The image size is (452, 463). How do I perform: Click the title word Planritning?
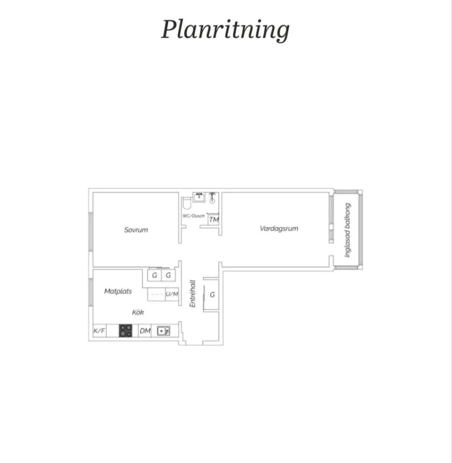(x=225, y=30)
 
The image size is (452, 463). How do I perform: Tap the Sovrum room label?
(x=136, y=230)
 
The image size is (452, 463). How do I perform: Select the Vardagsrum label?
(x=279, y=228)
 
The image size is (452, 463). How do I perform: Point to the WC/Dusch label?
(x=193, y=216)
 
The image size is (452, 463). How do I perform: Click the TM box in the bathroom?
(x=214, y=219)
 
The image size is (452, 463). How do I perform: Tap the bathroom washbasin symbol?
(x=199, y=197)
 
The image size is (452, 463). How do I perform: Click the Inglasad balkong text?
(x=347, y=230)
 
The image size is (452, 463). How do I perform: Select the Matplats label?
(x=118, y=291)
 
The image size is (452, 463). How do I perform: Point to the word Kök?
(x=138, y=312)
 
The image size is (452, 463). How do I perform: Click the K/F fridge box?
(x=99, y=331)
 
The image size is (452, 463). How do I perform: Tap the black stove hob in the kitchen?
(x=126, y=331)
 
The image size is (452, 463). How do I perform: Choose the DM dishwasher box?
(x=145, y=331)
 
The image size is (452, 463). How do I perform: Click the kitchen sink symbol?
(x=163, y=331)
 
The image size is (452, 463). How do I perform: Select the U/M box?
(x=172, y=294)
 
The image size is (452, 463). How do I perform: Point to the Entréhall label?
(x=193, y=294)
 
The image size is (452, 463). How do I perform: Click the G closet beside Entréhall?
(x=212, y=294)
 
